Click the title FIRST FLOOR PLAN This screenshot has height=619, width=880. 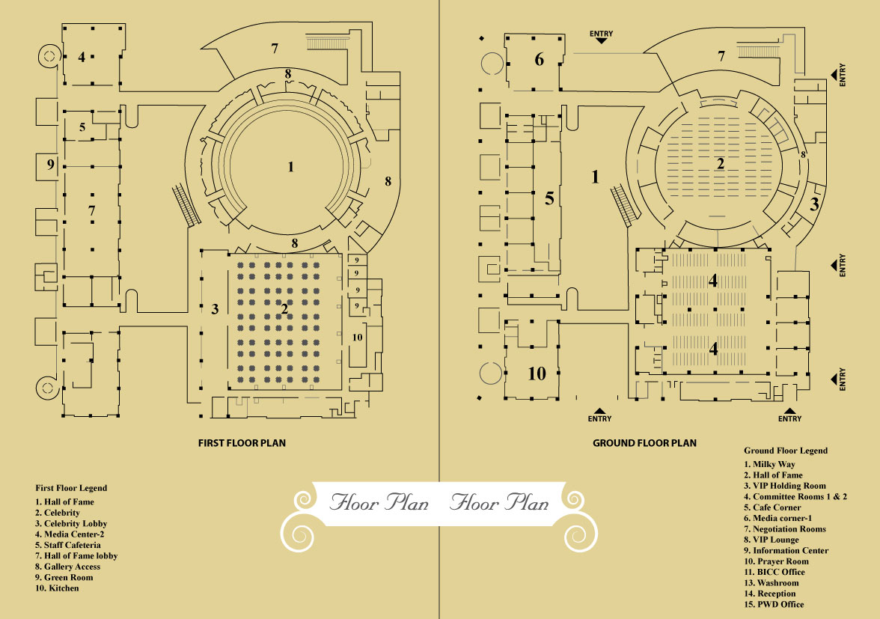pos(242,443)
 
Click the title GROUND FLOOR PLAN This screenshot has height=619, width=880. pos(644,443)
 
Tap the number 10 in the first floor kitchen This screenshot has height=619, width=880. pos(357,338)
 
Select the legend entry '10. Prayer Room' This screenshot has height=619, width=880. pos(780,561)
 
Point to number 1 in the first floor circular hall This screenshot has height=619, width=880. pos(291,167)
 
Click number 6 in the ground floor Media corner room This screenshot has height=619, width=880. pos(539,60)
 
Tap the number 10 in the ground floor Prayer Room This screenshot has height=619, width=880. pos(537,373)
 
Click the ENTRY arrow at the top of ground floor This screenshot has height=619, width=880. pos(601,37)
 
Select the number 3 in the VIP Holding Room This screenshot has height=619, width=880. pos(815,203)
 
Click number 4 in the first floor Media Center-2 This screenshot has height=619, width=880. pos(82,56)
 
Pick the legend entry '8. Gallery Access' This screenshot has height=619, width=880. pos(67,567)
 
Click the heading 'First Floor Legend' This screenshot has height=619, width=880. pos(71,488)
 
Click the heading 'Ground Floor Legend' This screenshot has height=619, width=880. pos(785,451)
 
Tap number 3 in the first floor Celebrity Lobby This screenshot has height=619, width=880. pos(215,308)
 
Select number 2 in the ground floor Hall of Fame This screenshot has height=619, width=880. pos(720,164)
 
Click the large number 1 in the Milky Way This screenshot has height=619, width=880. pos(596,177)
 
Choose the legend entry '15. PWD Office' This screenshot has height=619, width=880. pos(778,605)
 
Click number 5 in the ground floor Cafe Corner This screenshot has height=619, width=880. pos(549,199)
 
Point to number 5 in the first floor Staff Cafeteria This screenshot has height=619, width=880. pos(82,126)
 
